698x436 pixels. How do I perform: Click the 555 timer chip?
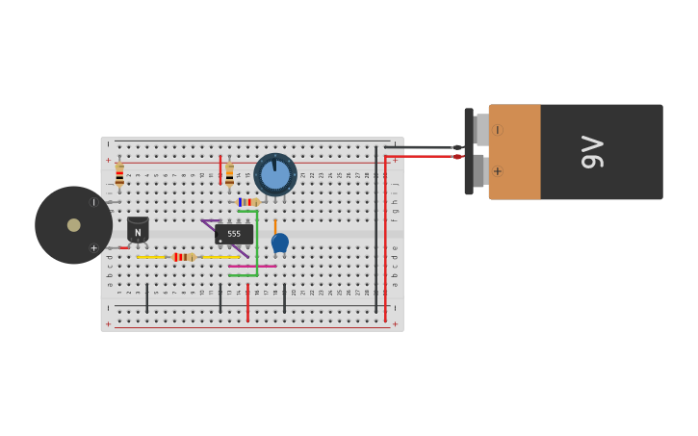point(234,234)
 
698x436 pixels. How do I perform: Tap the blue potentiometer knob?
point(275,175)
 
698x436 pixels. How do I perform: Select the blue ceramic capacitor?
point(279,243)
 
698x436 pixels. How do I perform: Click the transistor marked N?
point(138,230)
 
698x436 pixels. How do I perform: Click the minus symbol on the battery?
point(497,130)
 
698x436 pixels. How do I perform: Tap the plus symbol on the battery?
point(497,171)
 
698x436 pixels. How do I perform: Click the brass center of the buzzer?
point(74,225)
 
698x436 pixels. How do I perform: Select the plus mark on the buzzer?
point(93,248)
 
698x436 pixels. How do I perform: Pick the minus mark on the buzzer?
point(93,202)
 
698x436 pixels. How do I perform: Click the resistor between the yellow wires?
point(183,257)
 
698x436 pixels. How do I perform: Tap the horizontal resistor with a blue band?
point(247,202)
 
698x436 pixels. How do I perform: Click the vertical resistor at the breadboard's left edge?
point(119,175)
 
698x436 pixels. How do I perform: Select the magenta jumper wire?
point(252,266)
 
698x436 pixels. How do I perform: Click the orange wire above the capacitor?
point(274,226)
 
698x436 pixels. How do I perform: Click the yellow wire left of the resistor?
point(151,257)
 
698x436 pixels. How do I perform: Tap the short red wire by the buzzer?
point(124,248)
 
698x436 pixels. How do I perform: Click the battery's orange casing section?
point(514,152)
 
